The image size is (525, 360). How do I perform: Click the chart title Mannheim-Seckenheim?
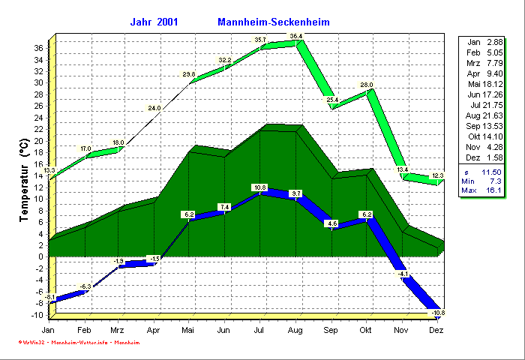pyautogui.click(x=273, y=22)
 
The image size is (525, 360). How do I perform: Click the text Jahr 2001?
pyautogui.click(x=154, y=22)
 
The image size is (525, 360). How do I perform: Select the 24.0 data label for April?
pyautogui.click(x=154, y=108)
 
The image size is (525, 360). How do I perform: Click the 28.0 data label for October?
pyautogui.click(x=366, y=85)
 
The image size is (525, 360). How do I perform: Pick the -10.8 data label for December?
pyautogui.click(x=439, y=312)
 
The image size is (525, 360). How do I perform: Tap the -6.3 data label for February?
pyautogui.click(x=85, y=286)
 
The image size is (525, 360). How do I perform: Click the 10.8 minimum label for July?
pyautogui.click(x=260, y=187)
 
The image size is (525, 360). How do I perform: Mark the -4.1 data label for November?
pyautogui.click(x=403, y=274)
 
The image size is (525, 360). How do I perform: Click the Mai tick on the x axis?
pyautogui.click(x=188, y=330)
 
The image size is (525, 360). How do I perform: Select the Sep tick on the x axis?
pyautogui.click(x=331, y=330)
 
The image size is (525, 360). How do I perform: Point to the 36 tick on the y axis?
pyautogui.click(x=37, y=47)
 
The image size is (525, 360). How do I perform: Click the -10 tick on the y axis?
pyautogui.click(x=37, y=315)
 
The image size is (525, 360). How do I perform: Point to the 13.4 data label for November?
pyautogui.click(x=403, y=170)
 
